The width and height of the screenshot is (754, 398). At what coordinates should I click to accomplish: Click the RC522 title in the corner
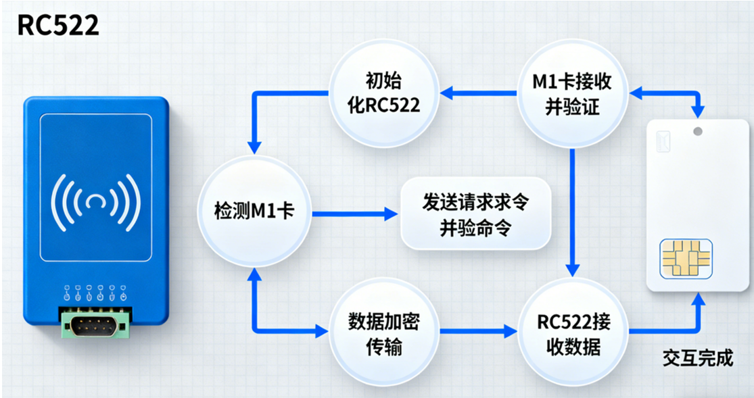point(57,25)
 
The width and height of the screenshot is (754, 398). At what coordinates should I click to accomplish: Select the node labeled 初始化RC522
point(383,93)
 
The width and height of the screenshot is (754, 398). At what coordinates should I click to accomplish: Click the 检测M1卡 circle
point(254,212)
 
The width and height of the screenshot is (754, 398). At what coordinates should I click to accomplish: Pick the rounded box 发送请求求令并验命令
point(475,214)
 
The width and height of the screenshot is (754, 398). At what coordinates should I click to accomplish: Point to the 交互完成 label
point(698,358)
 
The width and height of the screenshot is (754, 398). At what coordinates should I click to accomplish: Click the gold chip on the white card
point(686,259)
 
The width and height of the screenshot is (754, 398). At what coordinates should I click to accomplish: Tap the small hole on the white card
point(697,131)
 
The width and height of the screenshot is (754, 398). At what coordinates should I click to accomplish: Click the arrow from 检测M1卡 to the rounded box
point(354,214)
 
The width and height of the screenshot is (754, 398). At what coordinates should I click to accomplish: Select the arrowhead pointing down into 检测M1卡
point(254,146)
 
